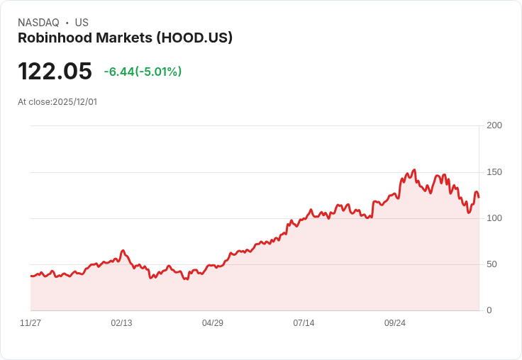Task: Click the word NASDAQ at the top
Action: pos(38,23)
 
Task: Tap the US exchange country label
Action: pos(82,23)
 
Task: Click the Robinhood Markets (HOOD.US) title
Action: pos(125,38)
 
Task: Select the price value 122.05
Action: pos(55,72)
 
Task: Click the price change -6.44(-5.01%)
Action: pos(143,72)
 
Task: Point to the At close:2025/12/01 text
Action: pos(57,102)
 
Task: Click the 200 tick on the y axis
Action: pos(494,125)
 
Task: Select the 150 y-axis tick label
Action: pos(494,172)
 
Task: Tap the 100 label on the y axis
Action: pos(494,218)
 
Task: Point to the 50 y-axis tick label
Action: pos(492,264)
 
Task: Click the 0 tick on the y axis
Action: pos(489,310)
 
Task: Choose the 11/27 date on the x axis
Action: pos(30,323)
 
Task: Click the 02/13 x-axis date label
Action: pos(121,323)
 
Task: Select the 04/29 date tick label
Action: pos(213,323)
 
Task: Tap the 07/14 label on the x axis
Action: pos(304,323)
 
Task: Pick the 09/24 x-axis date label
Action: pos(395,323)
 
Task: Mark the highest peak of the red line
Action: pos(414,170)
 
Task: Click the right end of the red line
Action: pos(479,197)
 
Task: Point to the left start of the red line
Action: pos(30,276)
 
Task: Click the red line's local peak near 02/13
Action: pos(123,250)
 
